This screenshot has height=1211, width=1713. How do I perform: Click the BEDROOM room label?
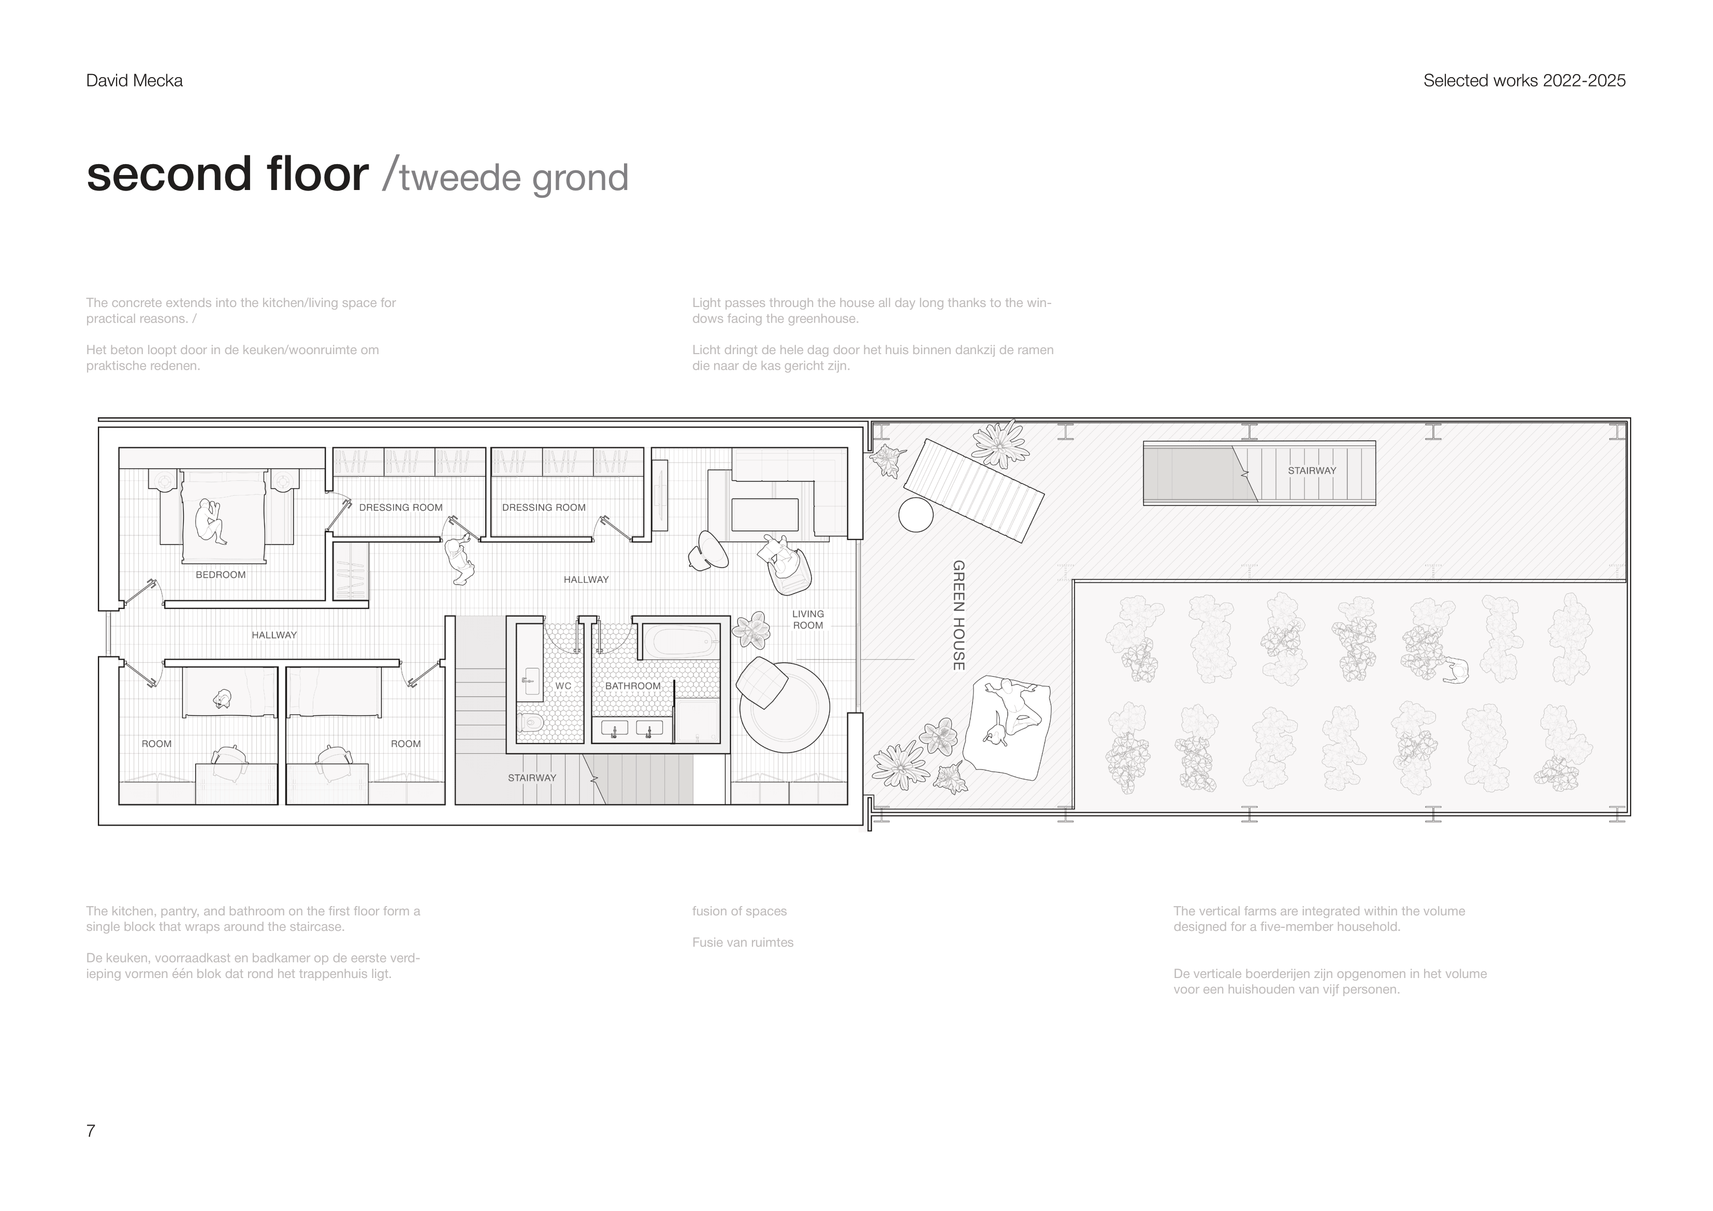pyautogui.click(x=220, y=575)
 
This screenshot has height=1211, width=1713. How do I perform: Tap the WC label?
pyautogui.click(x=563, y=685)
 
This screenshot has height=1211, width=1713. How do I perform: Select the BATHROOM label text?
pyautogui.click(x=633, y=685)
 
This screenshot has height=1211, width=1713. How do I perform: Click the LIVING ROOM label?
pyautogui.click(x=808, y=619)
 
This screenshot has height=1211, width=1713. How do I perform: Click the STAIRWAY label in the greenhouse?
pyautogui.click(x=1312, y=471)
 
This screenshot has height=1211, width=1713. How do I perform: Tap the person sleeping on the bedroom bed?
pyautogui.click(x=210, y=520)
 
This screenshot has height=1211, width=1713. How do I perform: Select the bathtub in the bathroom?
pyautogui.click(x=680, y=641)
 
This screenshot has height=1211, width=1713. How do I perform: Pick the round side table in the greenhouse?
pyautogui.click(x=916, y=514)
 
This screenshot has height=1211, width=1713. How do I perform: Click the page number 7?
pyautogui.click(x=91, y=1131)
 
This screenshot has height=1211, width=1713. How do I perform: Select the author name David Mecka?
pyautogui.click(x=134, y=81)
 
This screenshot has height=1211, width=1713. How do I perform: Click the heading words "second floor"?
pyautogui.click(x=227, y=174)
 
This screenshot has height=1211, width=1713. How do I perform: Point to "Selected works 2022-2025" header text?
pyautogui.click(x=1524, y=81)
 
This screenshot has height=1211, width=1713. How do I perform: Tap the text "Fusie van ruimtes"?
pyautogui.click(x=743, y=942)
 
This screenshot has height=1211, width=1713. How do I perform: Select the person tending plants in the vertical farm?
pyautogui.click(x=1454, y=672)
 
